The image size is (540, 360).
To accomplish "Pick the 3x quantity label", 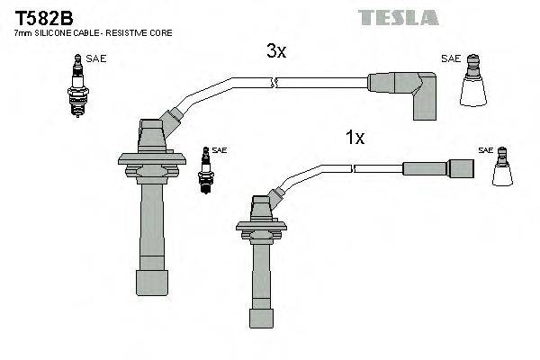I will click(x=275, y=52).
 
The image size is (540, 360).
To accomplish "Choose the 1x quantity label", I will click(x=355, y=138).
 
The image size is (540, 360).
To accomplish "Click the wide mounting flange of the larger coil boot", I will click(x=151, y=161).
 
